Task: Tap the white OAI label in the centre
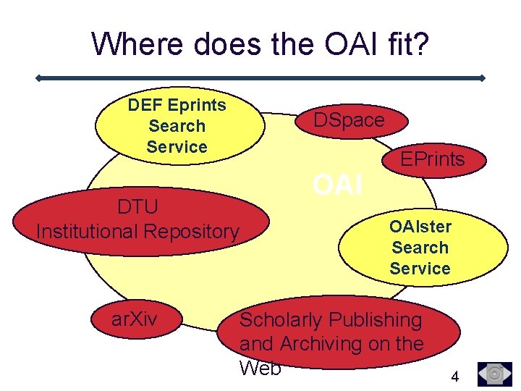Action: [x=337, y=185]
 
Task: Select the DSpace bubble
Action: [x=349, y=120]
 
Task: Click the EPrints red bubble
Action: [x=433, y=159]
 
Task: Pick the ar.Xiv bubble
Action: [x=134, y=319]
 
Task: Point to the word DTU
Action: [x=137, y=207]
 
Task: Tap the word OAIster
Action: [x=420, y=227]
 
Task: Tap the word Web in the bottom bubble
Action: [x=260, y=367]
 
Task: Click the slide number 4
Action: [x=454, y=377]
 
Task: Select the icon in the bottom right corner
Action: [x=495, y=374]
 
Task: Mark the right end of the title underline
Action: [x=483, y=77]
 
